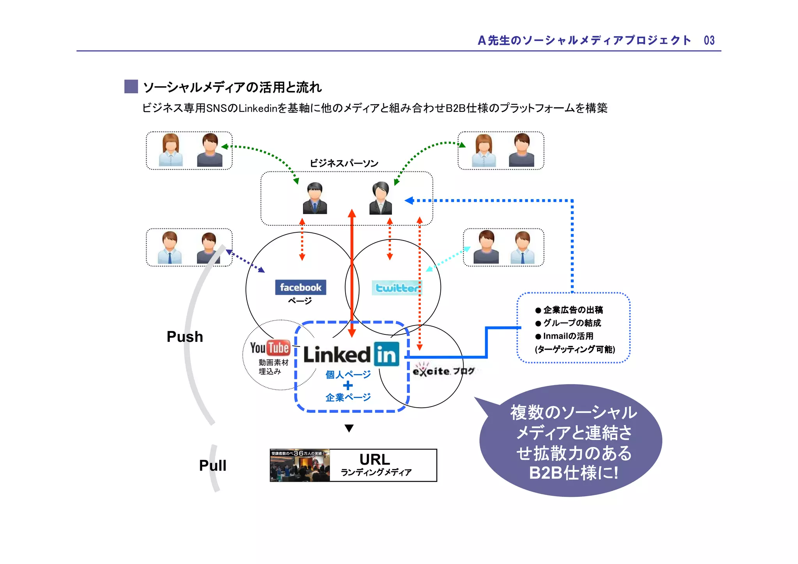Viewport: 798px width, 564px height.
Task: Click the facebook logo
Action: tap(300, 287)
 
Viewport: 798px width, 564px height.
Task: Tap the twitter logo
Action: tap(396, 288)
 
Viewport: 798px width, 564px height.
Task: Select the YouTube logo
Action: tap(270, 348)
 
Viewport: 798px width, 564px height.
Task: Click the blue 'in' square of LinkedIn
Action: tap(387, 354)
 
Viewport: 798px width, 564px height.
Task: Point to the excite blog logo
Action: tap(443, 371)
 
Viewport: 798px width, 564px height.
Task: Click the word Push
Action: tap(185, 337)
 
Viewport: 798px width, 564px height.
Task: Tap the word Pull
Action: tap(212, 465)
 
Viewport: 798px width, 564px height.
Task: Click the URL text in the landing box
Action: tap(374, 460)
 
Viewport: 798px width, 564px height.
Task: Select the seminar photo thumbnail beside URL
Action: tap(300, 465)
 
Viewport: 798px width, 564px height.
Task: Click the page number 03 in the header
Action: tap(709, 41)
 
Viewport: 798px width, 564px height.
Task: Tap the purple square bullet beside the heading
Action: tap(131, 87)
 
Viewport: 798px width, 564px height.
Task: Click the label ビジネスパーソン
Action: tap(344, 163)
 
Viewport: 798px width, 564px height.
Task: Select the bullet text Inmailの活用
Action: tap(568, 336)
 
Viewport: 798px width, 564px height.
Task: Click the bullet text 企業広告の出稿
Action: tap(573, 310)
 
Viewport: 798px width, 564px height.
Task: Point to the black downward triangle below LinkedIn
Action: tap(349, 428)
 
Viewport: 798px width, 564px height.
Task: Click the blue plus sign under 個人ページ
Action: tap(348, 386)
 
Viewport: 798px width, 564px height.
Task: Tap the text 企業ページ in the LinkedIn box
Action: tap(348, 398)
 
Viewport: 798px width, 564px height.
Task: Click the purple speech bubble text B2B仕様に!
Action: tap(573, 473)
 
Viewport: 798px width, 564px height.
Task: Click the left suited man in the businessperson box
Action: tap(315, 198)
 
